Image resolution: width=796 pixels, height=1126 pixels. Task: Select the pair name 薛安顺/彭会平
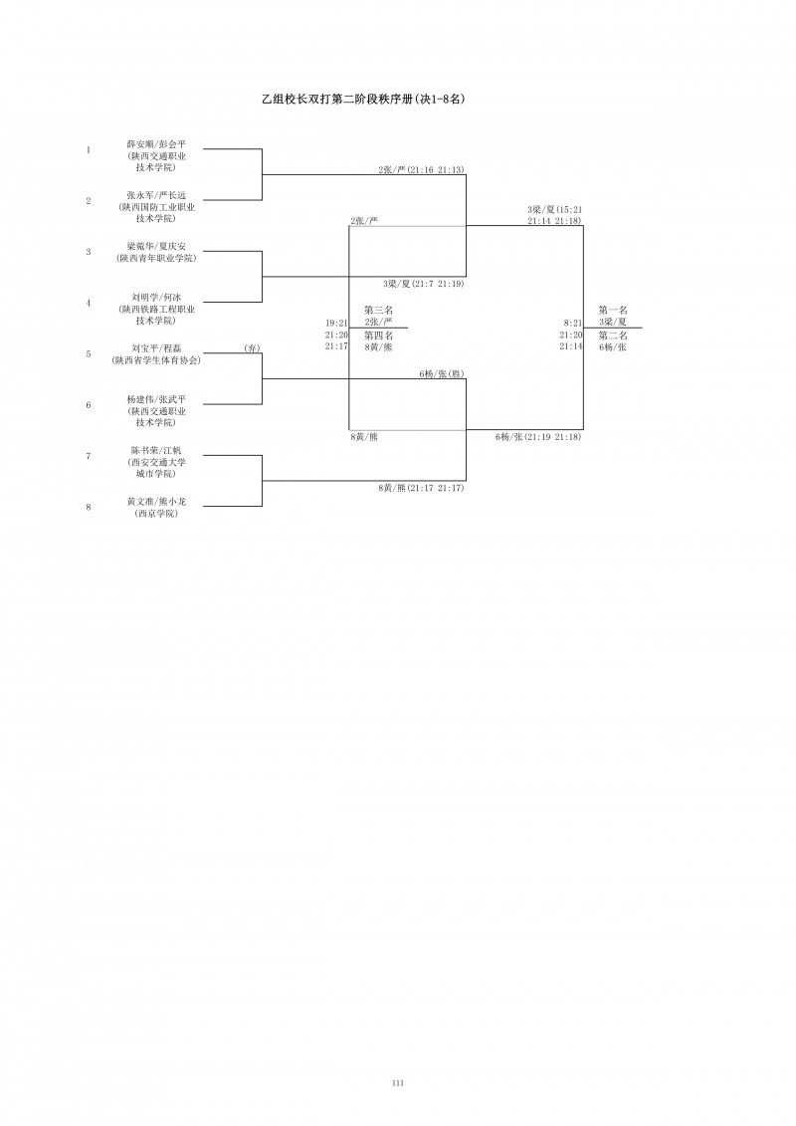(156, 144)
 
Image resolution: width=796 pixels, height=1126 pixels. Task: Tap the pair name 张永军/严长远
(156, 195)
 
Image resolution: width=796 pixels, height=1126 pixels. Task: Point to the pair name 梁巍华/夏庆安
(156, 246)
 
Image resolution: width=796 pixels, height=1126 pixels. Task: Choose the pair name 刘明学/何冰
(156, 297)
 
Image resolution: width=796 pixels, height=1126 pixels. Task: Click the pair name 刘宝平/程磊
(156, 348)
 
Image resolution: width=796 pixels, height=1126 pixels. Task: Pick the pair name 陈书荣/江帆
(156, 450)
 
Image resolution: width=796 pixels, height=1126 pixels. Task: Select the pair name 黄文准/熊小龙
(156, 502)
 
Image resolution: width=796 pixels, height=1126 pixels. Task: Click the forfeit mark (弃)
(252, 348)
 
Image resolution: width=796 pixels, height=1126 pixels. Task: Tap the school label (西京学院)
(156, 513)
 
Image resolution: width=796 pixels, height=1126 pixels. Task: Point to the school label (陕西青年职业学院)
(156, 258)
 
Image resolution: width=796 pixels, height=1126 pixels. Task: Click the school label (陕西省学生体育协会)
(156, 359)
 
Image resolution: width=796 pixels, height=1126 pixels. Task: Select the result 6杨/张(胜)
(442, 373)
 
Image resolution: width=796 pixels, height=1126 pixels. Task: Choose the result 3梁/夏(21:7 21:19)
(423, 284)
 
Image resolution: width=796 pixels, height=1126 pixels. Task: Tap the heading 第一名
(613, 311)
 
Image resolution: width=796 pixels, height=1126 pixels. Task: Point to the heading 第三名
(379, 311)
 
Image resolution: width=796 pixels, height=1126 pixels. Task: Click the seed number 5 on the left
(89, 353)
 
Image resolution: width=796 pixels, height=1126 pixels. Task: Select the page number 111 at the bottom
(398, 1082)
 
